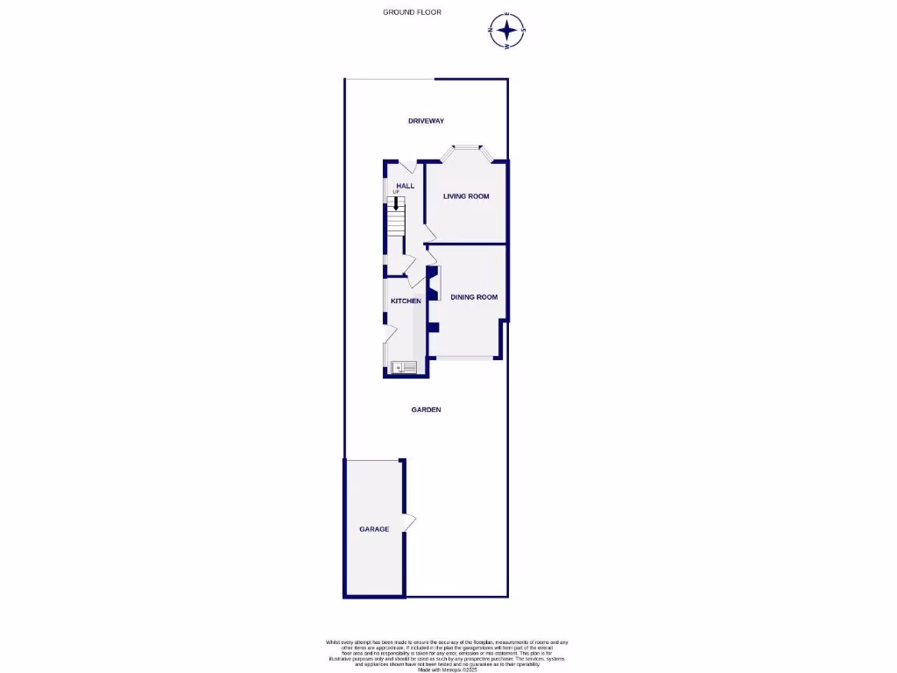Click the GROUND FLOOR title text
point(412,12)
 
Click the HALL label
point(405,186)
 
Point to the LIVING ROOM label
point(466,196)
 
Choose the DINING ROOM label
point(474,297)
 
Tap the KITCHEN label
point(406,301)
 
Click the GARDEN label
point(427,409)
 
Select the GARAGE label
point(374,529)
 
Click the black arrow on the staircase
point(396,203)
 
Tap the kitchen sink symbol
point(405,367)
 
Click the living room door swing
point(429,232)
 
